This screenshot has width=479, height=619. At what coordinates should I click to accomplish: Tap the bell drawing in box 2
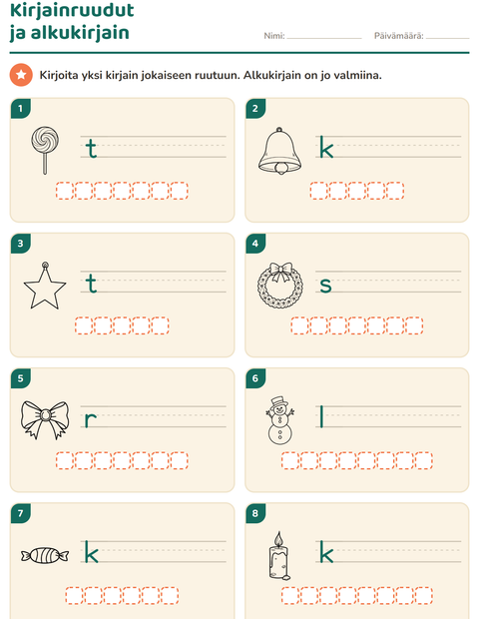tap(279, 151)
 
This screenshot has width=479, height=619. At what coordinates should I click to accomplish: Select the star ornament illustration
tap(45, 286)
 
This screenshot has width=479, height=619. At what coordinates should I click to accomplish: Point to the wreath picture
tap(280, 285)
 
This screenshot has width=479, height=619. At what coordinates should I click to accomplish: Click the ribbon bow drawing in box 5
tap(45, 420)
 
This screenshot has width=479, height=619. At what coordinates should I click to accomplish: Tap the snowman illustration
tap(280, 420)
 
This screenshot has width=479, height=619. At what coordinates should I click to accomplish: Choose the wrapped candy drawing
tap(45, 555)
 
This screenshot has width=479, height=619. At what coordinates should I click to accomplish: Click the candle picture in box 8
tap(279, 555)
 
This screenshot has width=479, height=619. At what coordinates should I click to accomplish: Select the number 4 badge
tap(255, 244)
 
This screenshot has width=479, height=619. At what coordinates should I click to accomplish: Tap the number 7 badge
tap(21, 513)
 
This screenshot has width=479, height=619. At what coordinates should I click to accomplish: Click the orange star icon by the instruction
tap(21, 75)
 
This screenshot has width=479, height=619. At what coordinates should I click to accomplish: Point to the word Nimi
tap(273, 36)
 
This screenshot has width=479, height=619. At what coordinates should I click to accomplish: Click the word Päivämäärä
tap(398, 36)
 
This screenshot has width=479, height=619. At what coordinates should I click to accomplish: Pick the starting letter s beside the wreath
tap(325, 285)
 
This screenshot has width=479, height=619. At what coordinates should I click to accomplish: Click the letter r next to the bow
tap(91, 419)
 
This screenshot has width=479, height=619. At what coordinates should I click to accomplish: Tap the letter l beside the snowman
tap(321, 417)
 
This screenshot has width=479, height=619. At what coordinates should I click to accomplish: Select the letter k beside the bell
tap(326, 147)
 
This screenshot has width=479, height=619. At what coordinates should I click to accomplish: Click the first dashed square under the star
tap(84, 325)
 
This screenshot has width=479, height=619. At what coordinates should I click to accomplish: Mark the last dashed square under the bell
tap(395, 191)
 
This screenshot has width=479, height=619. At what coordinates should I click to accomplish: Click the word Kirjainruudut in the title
tap(72, 10)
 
